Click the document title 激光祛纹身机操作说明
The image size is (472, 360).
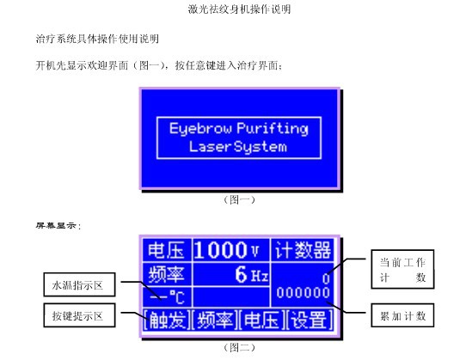click(x=239, y=9)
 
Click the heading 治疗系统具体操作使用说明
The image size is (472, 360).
click(x=97, y=39)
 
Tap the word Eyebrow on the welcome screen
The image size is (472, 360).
click(x=200, y=129)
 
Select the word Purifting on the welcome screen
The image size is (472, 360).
click(x=273, y=129)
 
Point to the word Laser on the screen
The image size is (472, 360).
click(x=210, y=146)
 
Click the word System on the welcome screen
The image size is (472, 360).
click(x=261, y=147)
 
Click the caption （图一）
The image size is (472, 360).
click(x=239, y=199)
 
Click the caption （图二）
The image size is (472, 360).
click(x=239, y=348)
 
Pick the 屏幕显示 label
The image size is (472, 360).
click(x=58, y=225)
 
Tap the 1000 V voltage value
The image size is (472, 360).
click(x=226, y=250)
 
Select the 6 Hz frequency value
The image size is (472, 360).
click(x=251, y=274)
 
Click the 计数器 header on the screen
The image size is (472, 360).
click(x=303, y=250)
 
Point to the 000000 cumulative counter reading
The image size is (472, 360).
click(x=303, y=292)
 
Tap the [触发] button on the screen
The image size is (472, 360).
click(x=167, y=320)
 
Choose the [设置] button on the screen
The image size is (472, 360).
click(x=310, y=320)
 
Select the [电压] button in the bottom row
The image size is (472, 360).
click(x=261, y=320)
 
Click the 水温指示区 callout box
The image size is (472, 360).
click(x=79, y=284)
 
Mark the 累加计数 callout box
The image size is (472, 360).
click(x=402, y=315)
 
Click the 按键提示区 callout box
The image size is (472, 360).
click(x=79, y=315)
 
